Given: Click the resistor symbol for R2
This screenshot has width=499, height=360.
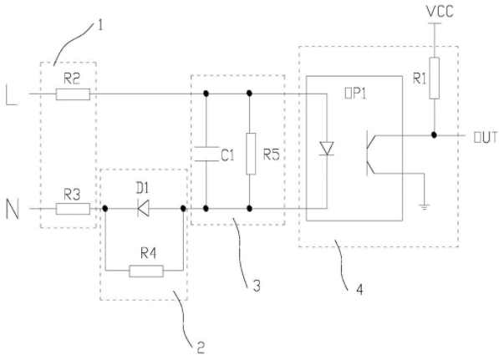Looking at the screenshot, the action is (73, 94).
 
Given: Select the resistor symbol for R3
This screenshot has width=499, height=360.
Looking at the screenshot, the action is (73, 209).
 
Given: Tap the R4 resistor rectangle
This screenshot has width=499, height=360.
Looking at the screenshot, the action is (146, 271).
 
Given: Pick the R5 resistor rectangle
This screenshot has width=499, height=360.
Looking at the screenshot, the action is (251, 154).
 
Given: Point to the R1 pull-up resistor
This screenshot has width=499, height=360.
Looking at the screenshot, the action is (434, 79).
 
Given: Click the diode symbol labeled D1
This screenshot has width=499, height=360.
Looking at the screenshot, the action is (143, 209).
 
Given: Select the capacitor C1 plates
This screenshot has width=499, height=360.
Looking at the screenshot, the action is (206, 154).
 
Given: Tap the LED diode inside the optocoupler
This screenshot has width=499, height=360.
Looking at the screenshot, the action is (327, 149).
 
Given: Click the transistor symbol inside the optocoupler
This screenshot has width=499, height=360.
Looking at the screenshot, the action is (371, 153).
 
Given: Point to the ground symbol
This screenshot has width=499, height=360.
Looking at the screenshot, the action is (425, 207).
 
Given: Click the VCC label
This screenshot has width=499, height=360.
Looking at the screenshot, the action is (440, 12).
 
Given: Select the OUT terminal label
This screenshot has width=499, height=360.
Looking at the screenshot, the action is (486, 138).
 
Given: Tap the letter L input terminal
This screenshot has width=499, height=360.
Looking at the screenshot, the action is (12, 95).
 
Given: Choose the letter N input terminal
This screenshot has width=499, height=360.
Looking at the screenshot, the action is (13, 209).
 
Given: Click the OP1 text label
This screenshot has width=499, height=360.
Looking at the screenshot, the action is (355, 94).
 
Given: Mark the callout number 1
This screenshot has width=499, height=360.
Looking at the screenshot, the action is (100, 25).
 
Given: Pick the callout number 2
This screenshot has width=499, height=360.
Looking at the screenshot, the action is (201, 347).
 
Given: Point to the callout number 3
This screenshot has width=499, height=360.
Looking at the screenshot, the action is (257, 286).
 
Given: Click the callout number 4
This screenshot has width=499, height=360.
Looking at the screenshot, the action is (359, 289).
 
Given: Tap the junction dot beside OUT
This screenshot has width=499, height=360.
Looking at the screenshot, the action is (434, 135).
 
